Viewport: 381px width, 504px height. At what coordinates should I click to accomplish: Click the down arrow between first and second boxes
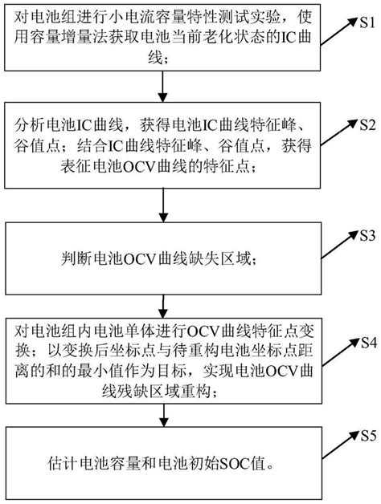click(x=165, y=87)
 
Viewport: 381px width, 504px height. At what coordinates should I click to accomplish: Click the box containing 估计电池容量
click(x=165, y=462)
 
